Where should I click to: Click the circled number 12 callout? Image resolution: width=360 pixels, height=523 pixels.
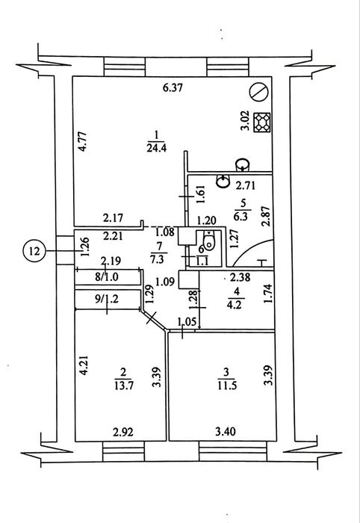point(34,251)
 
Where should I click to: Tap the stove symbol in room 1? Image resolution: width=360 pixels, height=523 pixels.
point(262,122)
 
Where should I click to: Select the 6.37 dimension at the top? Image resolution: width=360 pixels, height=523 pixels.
point(173,88)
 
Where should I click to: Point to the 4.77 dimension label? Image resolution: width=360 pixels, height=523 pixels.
point(83,143)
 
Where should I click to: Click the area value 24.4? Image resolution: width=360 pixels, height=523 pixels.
point(156,148)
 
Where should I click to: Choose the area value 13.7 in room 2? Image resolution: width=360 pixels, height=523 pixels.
point(124,386)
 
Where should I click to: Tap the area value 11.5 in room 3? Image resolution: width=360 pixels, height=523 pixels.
point(227,386)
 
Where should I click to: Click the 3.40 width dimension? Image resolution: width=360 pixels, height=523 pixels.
point(226,432)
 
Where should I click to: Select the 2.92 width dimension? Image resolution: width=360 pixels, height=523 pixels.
point(123,433)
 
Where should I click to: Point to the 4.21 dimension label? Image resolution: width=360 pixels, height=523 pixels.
point(84,366)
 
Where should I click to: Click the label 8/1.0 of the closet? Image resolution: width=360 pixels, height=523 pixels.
point(107,277)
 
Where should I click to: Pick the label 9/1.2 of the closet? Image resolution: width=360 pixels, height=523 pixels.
point(107,299)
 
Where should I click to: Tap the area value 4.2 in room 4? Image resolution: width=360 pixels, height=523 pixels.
point(236,305)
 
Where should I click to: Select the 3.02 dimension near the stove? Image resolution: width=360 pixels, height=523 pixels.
point(246,123)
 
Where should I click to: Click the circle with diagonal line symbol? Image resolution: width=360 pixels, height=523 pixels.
point(259,92)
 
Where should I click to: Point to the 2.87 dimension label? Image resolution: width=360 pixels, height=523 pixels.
point(266,217)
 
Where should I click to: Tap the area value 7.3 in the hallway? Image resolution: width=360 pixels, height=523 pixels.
point(158,259)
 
